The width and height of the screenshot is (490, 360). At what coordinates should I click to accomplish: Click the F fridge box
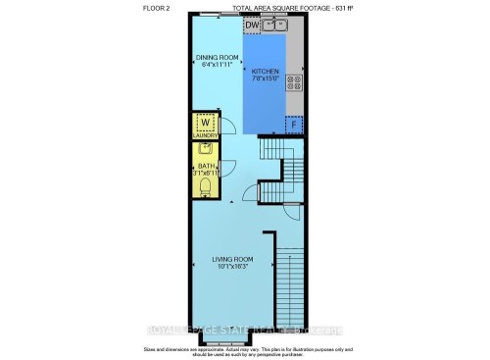292,125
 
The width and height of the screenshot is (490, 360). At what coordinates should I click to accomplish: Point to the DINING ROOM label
215,57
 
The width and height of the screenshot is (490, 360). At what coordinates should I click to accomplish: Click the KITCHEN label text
266,73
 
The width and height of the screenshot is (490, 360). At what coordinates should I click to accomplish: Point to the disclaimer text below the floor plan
245,351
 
